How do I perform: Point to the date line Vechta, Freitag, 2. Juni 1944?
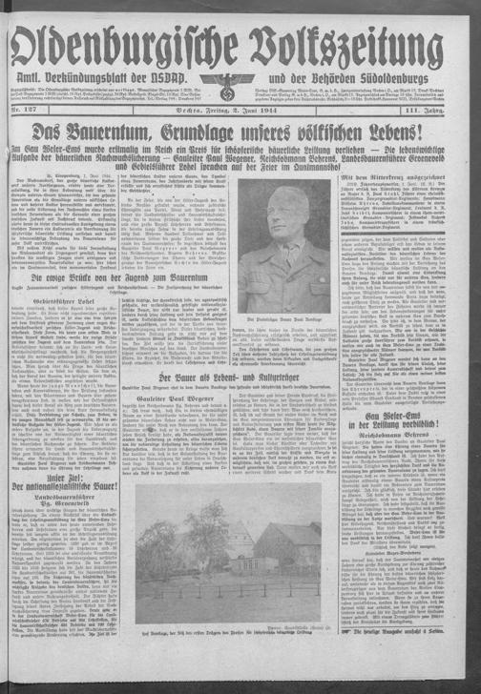(240, 112)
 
